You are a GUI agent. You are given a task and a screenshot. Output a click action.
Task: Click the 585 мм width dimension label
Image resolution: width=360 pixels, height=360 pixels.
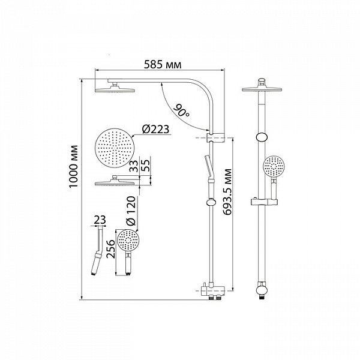click(163, 65)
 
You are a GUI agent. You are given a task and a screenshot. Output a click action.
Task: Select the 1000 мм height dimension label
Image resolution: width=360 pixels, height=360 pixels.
click(74, 166)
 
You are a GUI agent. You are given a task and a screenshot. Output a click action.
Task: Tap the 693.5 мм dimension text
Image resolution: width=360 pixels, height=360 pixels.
click(228, 192)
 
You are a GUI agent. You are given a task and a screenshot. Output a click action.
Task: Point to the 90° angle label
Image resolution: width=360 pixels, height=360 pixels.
click(181, 111)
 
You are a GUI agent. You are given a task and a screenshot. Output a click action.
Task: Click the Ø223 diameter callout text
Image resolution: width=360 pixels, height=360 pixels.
click(155, 129)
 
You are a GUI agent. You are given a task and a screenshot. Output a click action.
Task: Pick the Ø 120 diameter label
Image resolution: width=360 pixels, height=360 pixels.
click(131, 211)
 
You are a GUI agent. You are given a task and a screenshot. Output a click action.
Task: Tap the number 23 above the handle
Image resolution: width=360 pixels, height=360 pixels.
click(100, 220)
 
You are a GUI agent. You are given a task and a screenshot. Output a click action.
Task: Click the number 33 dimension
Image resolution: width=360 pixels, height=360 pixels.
click(134, 166)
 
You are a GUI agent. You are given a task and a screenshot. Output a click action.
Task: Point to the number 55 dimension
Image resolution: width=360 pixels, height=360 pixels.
click(145, 165)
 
